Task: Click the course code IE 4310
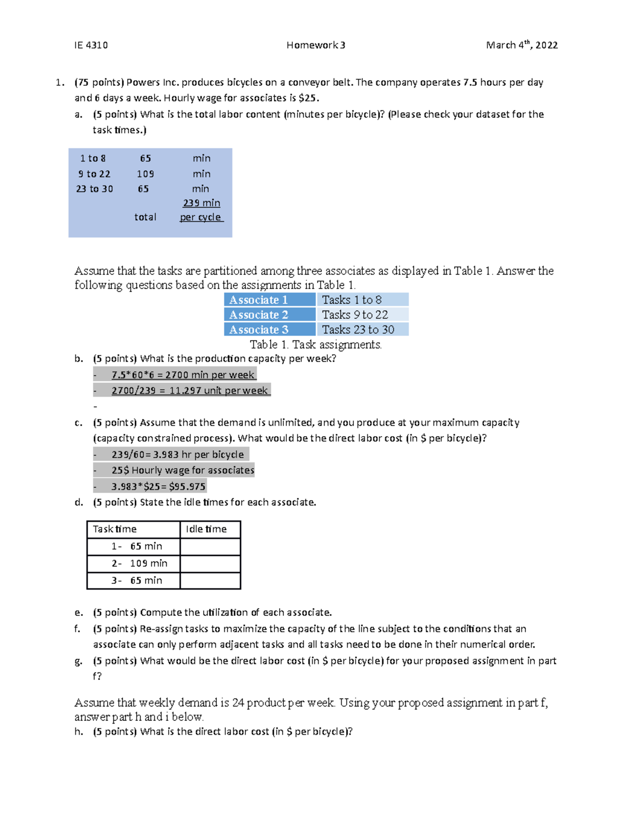pos(91,45)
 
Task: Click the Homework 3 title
pos(315,45)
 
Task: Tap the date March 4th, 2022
pos(521,45)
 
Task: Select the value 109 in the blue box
pos(145,174)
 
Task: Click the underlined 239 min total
pos(202,203)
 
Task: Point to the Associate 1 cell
pos(270,300)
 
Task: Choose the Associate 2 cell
pos(270,315)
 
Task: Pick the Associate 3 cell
pos(270,330)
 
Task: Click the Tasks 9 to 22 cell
pos(362,315)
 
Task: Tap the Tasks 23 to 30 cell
pos(362,330)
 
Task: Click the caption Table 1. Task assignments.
pos(315,345)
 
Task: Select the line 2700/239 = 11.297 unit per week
pos(189,391)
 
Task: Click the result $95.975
pos(187,487)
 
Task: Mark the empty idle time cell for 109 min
pos(210,564)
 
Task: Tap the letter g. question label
pos(79,661)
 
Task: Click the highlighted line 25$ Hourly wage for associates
pos(183,470)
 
